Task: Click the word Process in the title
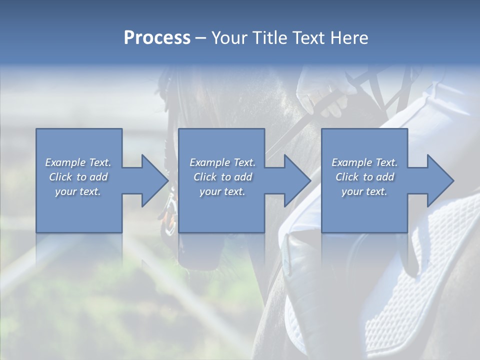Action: [157, 38]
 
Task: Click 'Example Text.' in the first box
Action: [78, 162]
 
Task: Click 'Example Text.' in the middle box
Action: [222, 162]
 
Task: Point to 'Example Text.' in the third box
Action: [364, 162]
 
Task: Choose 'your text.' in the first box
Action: [78, 191]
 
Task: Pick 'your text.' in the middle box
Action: [222, 191]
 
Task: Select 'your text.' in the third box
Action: [364, 191]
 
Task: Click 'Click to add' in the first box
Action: [78, 177]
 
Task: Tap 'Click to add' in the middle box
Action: [222, 177]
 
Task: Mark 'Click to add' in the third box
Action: [364, 177]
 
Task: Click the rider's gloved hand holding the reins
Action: [320, 95]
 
